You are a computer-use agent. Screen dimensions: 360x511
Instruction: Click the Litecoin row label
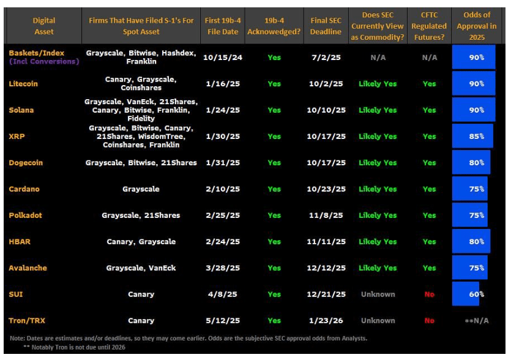click(23, 84)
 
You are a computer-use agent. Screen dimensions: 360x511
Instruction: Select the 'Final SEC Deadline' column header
click(326, 26)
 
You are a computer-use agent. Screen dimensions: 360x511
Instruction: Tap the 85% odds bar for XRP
click(472, 137)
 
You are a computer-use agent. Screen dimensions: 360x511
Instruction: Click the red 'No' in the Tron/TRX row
click(429, 320)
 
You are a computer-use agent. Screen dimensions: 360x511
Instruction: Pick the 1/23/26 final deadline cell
click(326, 320)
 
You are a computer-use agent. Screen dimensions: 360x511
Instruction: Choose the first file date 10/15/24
click(223, 58)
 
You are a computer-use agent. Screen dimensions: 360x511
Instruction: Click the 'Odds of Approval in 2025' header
click(476, 26)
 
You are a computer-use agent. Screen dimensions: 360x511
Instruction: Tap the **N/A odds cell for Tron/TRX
click(476, 320)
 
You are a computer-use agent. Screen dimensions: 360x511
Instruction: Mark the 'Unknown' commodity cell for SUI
click(378, 294)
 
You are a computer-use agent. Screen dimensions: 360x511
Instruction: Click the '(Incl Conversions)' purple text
click(45, 62)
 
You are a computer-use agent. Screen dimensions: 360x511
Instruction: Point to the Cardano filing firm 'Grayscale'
click(141, 189)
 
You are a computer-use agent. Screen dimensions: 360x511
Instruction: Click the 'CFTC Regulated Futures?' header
click(429, 26)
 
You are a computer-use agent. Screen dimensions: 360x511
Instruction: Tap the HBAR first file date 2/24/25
click(223, 241)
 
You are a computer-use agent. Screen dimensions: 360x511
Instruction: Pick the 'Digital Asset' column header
click(44, 26)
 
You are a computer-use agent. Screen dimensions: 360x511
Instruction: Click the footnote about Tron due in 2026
click(74, 347)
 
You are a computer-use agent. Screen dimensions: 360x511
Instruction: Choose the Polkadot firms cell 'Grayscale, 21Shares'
click(141, 216)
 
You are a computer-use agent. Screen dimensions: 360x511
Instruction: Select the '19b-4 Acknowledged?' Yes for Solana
click(274, 110)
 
